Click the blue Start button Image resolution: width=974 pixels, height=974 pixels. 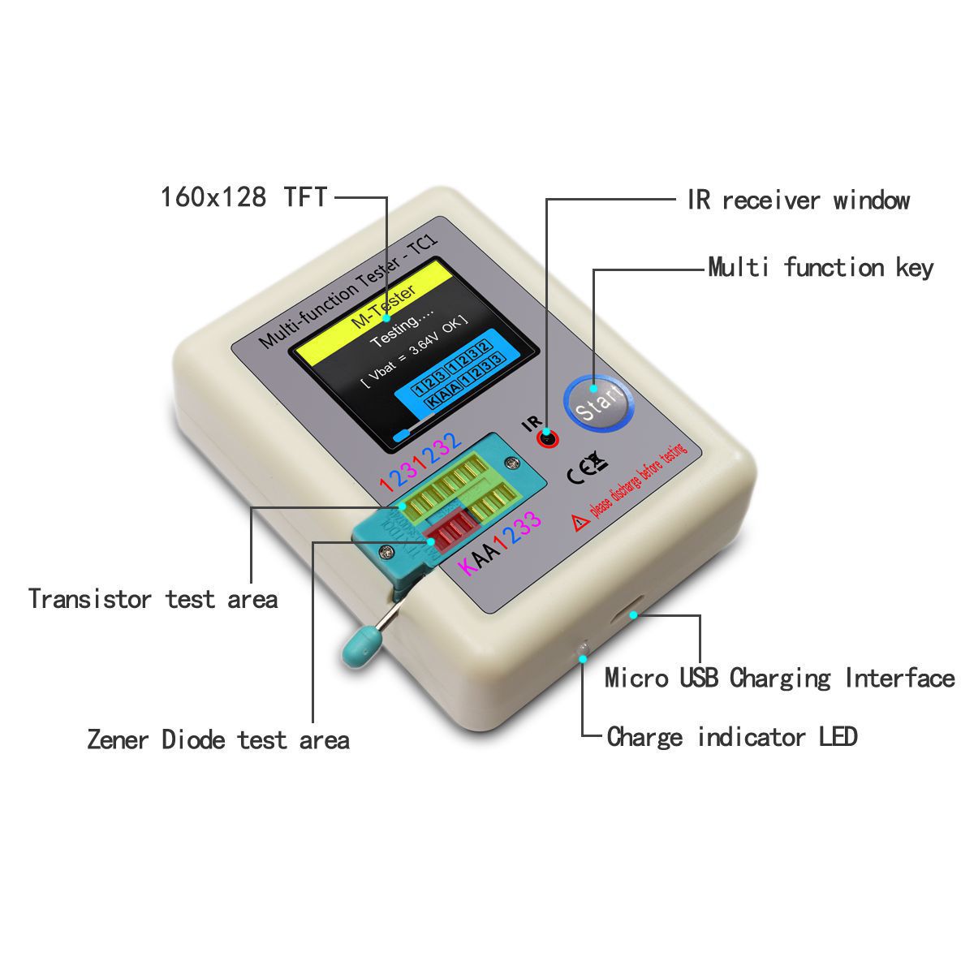(x=599, y=401)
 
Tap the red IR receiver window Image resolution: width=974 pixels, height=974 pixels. (x=548, y=439)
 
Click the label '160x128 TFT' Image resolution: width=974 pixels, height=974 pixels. (x=243, y=196)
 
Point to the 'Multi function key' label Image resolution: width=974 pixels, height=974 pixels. (x=821, y=267)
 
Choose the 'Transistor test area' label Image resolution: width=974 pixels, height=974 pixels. (x=153, y=599)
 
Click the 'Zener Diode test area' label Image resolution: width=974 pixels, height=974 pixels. (x=218, y=739)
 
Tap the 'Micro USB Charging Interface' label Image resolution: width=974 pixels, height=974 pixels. (x=779, y=678)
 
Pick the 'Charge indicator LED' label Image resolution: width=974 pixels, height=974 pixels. (x=732, y=737)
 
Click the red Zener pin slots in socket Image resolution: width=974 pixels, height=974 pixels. (x=444, y=532)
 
